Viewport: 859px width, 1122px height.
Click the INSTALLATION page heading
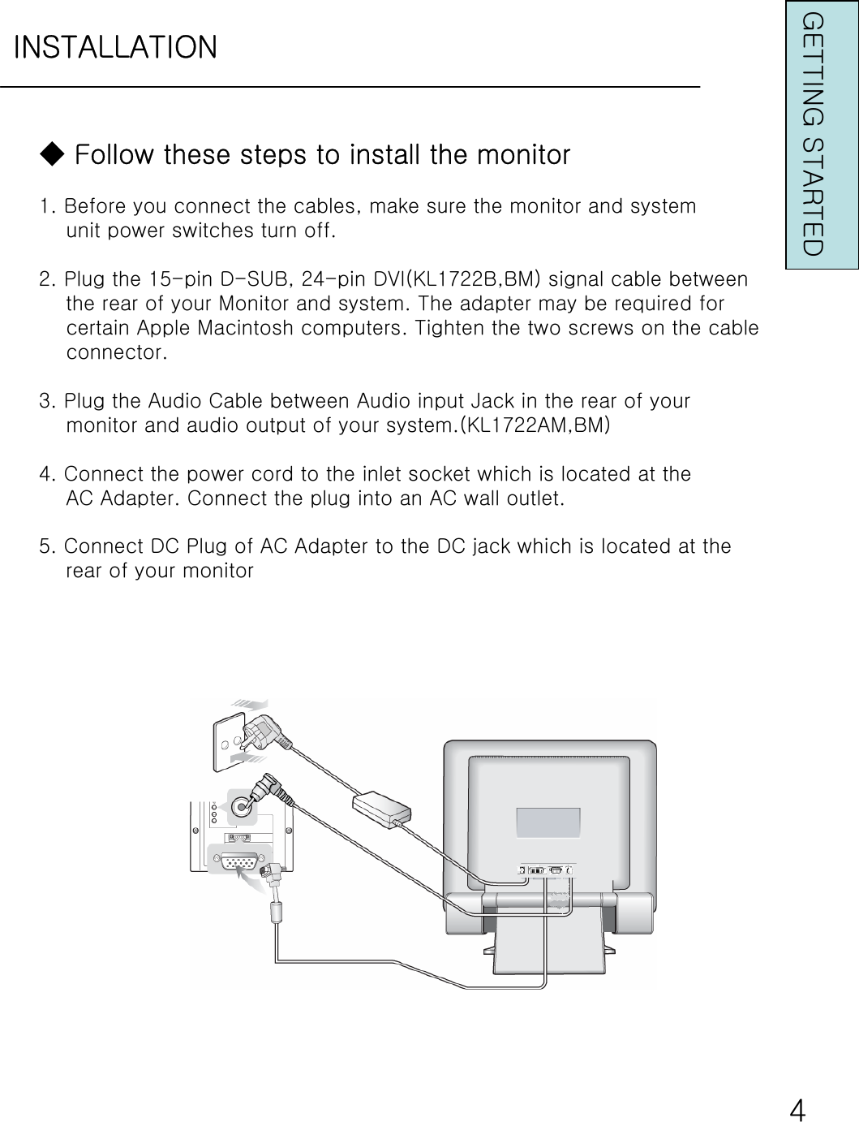point(115,47)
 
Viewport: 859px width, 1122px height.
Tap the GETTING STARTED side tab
point(813,135)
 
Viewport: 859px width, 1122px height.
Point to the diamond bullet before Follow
point(51,153)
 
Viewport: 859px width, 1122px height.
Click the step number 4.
point(47,473)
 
